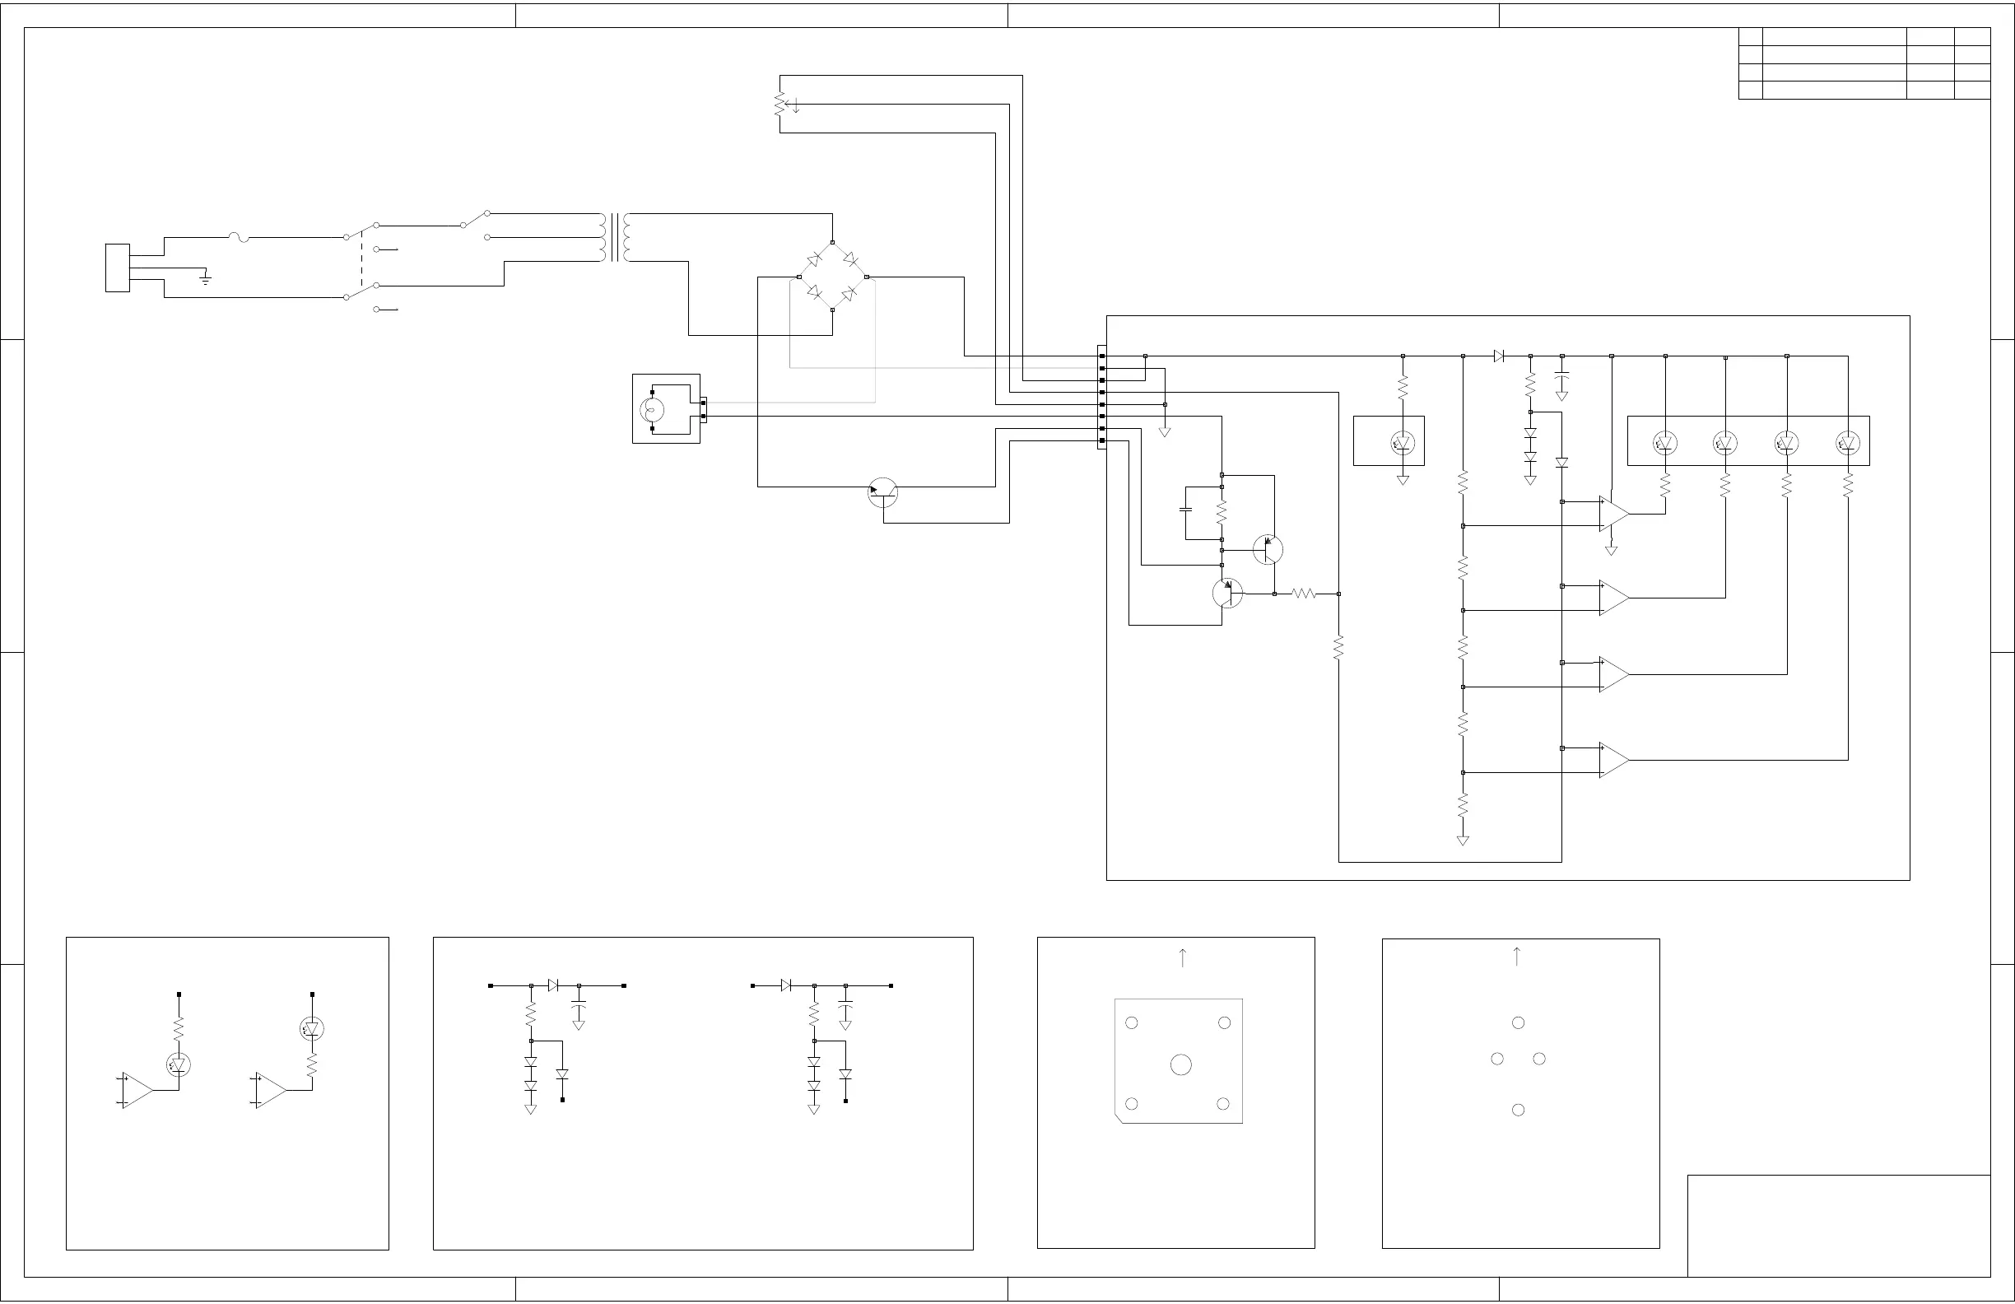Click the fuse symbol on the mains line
239,238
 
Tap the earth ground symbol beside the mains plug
205,277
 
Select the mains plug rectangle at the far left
118,268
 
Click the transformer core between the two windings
615,238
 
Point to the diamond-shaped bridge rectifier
832,276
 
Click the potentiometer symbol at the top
779,105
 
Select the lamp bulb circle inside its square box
653,411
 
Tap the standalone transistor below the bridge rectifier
883,493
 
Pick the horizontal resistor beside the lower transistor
1305,594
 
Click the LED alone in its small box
1403,442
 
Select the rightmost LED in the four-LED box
1847,442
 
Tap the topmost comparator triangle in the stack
1613,513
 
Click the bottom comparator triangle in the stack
1613,760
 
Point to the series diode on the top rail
1499,356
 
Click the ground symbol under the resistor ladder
1463,840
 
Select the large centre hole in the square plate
1181,1064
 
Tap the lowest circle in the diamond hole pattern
1518,1109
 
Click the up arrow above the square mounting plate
1183,957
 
